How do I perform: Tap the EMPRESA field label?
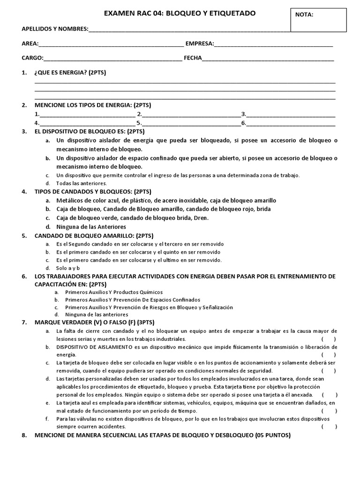point(200,44)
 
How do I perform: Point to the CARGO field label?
point(32,59)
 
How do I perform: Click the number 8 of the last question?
point(24,435)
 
